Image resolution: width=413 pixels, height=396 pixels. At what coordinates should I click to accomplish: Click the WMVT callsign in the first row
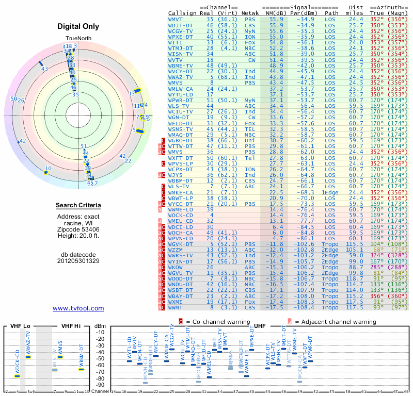(x=176, y=19)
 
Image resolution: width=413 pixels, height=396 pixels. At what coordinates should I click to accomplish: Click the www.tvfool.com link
(x=78, y=308)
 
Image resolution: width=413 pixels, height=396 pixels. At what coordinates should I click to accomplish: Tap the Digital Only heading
(x=78, y=26)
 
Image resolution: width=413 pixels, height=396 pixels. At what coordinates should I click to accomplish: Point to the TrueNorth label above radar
(x=78, y=39)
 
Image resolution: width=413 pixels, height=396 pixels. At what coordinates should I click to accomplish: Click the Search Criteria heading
(x=78, y=206)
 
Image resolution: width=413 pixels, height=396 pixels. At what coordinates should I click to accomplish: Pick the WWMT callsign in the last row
(x=176, y=308)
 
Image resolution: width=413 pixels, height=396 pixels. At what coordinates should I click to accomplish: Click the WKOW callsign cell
(x=176, y=268)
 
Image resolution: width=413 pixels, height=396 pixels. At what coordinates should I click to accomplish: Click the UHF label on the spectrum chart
(x=260, y=326)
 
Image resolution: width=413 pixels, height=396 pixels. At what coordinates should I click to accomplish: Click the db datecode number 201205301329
(x=78, y=260)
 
